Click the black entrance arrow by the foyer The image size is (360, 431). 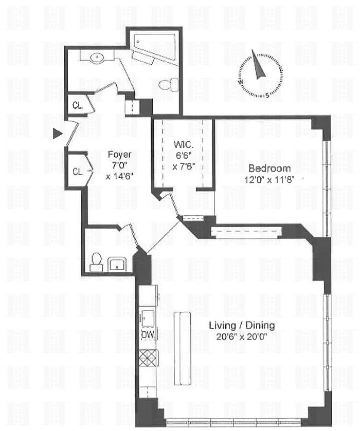(57, 134)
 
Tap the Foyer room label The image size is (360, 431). (119, 155)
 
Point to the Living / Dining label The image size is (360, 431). (242, 326)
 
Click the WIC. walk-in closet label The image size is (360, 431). (184, 144)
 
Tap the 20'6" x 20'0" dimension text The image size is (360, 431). (242, 336)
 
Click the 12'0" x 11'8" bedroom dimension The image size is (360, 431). (269, 180)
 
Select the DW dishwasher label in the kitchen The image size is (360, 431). (148, 334)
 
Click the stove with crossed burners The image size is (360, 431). (148, 358)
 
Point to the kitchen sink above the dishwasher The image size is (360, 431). (148, 318)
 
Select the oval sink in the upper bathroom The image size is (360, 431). (97, 58)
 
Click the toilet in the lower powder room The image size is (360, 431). (96, 262)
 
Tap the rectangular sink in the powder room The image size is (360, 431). (117, 265)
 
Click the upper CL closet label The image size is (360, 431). (78, 105)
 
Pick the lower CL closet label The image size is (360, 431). (78, 172)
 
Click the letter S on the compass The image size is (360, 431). (267, 96)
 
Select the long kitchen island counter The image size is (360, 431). (183, 348)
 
